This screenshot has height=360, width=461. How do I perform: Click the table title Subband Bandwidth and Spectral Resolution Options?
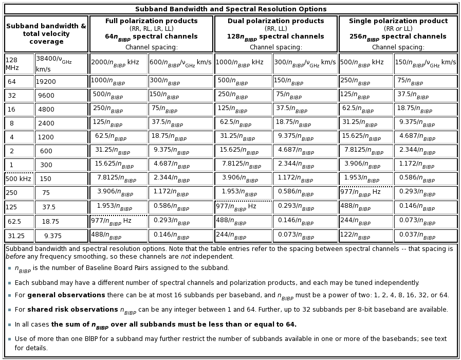coord(231,9)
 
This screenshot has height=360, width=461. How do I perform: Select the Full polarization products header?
coord(151,21)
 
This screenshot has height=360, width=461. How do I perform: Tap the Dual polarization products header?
coord(275,21)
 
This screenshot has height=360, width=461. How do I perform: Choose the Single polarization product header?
coord(398,21)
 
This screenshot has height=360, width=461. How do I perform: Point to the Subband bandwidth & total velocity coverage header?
coord(46,33)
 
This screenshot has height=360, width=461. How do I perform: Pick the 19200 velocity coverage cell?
coord(46,82)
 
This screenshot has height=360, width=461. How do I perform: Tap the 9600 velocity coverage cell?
coord(46,96)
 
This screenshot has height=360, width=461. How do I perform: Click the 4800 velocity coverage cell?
coord(46,110)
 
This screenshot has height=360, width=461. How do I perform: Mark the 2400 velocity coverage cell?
coord(46,123)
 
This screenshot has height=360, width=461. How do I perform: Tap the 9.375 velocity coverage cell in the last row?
coord(52,236)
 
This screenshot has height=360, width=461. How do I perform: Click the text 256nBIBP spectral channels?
coord(398,37)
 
